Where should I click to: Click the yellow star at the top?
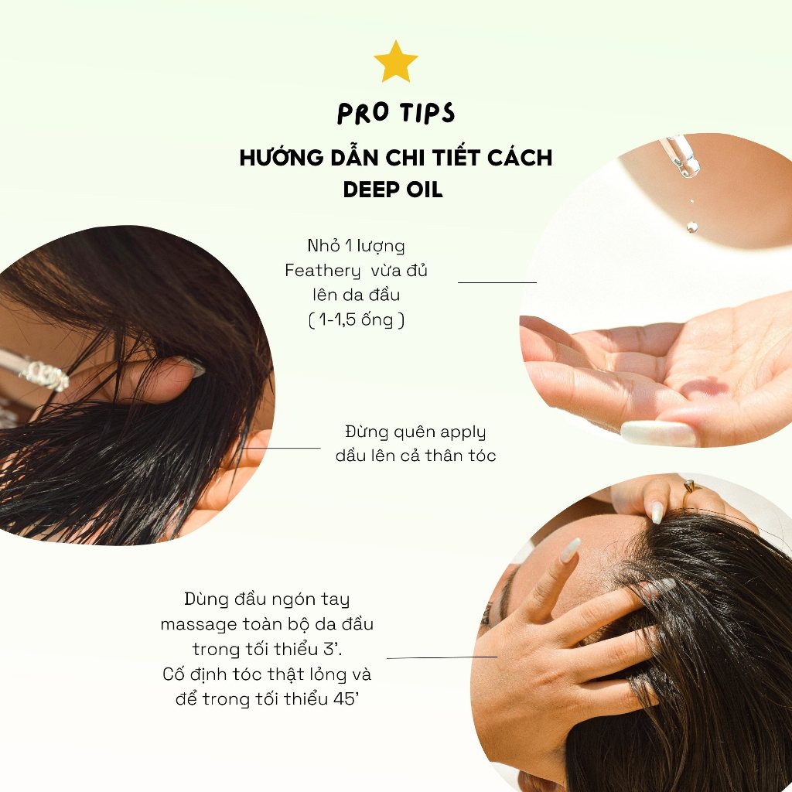395,62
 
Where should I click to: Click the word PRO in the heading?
363,113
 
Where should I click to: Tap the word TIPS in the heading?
427,112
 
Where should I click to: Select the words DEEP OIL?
392,190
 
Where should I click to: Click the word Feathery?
323,271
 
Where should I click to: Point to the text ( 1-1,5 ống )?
356,319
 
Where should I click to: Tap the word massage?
199,625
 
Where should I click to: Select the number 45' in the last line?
346,699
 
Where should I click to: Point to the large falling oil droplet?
691,227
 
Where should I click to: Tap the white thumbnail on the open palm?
658,433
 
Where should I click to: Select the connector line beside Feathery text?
497,282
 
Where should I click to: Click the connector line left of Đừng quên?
281,448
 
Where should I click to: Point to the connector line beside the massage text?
442,657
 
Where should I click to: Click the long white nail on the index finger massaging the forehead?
570,550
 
